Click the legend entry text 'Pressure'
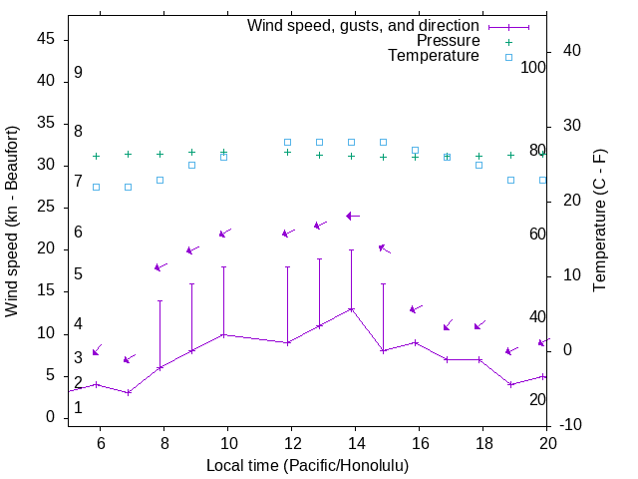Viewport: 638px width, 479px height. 449,41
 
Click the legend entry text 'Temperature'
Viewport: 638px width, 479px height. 434,57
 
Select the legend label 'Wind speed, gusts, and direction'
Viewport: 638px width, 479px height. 364,25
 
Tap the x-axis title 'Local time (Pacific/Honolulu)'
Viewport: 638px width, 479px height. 307,466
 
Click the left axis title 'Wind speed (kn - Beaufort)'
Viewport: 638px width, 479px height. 12,222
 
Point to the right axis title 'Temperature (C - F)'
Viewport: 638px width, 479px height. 599,222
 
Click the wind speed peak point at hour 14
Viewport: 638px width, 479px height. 351,309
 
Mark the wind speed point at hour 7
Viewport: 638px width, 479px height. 128,392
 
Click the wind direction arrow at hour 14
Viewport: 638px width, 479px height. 352,216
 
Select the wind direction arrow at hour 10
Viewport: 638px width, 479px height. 224,234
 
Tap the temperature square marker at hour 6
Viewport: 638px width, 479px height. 96,187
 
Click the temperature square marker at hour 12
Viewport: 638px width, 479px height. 287,142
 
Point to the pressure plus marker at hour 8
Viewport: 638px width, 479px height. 159,154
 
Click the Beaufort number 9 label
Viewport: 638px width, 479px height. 78,73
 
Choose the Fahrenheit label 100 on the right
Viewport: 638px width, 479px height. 534,68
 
